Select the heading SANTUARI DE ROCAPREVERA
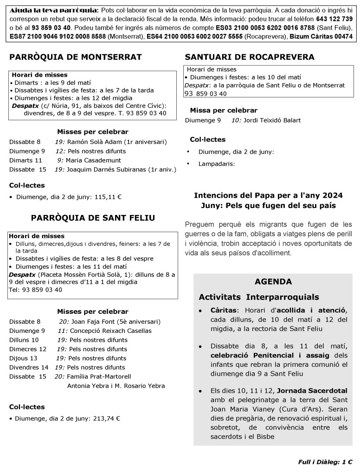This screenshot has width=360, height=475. [x=250, y=57]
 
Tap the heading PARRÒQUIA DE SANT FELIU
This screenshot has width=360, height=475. [x=93, y=218]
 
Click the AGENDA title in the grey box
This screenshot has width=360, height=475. [x=273, y=281]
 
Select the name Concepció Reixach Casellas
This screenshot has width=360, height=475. [x=111, y=331]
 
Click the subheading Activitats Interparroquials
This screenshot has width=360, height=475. [x=259, y=297]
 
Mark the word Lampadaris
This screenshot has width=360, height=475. [x=216, y=163]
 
